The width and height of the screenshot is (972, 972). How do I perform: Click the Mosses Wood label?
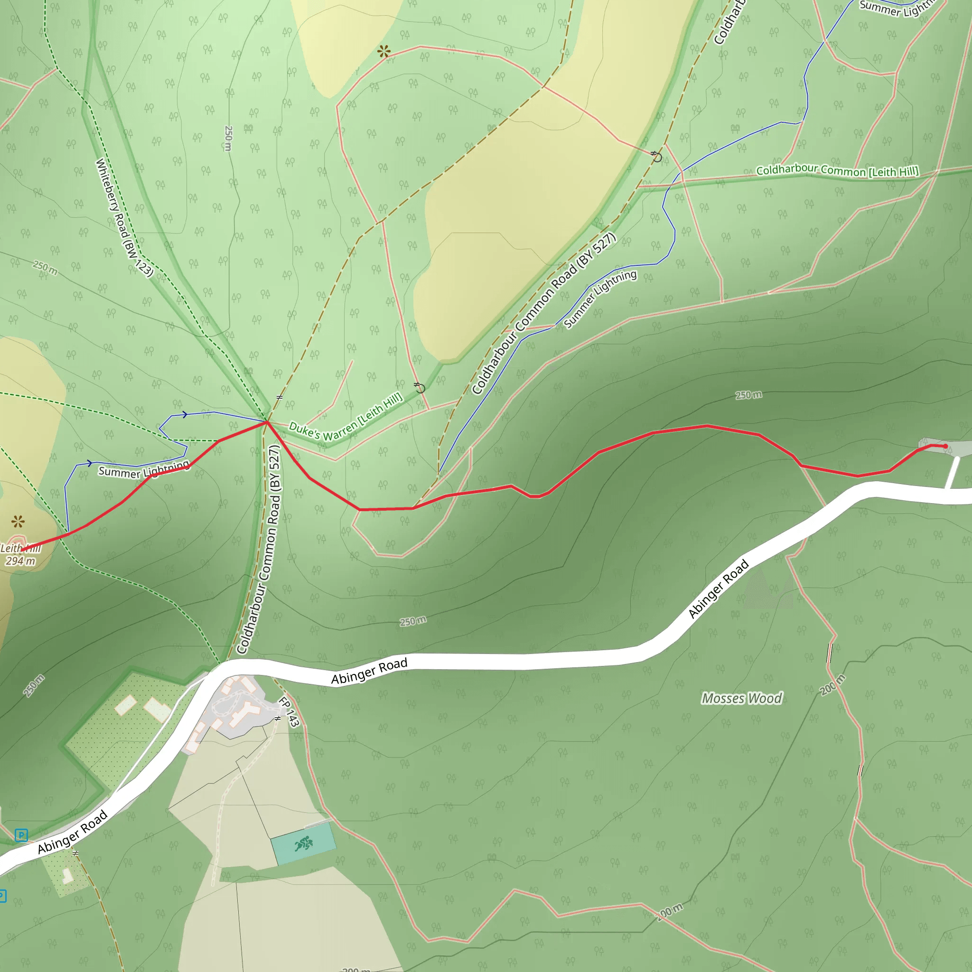pyautogui.click(x=742, y=698)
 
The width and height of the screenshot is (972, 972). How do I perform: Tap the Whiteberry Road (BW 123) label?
pyautogui.click(x=124, y=217)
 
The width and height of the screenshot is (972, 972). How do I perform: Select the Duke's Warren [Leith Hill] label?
pyautogui.click(x=346, y=418)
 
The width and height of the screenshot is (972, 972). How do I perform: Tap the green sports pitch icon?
pyautogui.click(x=303, y=843)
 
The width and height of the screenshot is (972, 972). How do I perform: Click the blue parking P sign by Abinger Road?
pyautogui.click(x=21, y=835)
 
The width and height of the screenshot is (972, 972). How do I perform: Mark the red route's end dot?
pyautogui.click(x=945, y=446)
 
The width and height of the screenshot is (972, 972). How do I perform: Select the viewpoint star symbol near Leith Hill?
pyautogui.click(x=18, y=521)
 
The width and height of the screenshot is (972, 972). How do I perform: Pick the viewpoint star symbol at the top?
pyautogui.click(x=384, y=51)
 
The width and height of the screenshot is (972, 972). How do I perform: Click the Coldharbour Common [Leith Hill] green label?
pyautogui.click(x=837, y=171)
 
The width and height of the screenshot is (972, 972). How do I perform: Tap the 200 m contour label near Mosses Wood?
pyautogui.click(x=832, y=685)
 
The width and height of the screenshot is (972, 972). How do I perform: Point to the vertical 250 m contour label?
pyautogui.click(x=228, y=139)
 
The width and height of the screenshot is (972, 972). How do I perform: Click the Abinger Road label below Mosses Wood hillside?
pyautogui.click(x=719, y=589)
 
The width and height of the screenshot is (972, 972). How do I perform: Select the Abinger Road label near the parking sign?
pyautogui.click(x=73, y=832)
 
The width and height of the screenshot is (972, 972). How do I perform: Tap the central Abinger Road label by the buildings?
pyautogui.click(x=369, y=671)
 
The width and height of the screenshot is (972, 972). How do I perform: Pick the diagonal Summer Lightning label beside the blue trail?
pyautogui.click(x=600, y=299)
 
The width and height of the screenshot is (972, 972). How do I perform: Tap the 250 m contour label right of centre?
pyautogui.click(x=748, y=395)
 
